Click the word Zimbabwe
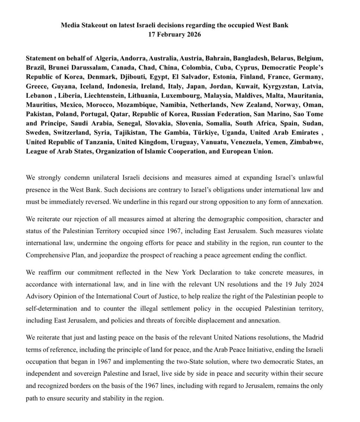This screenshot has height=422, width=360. pos(319,143)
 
